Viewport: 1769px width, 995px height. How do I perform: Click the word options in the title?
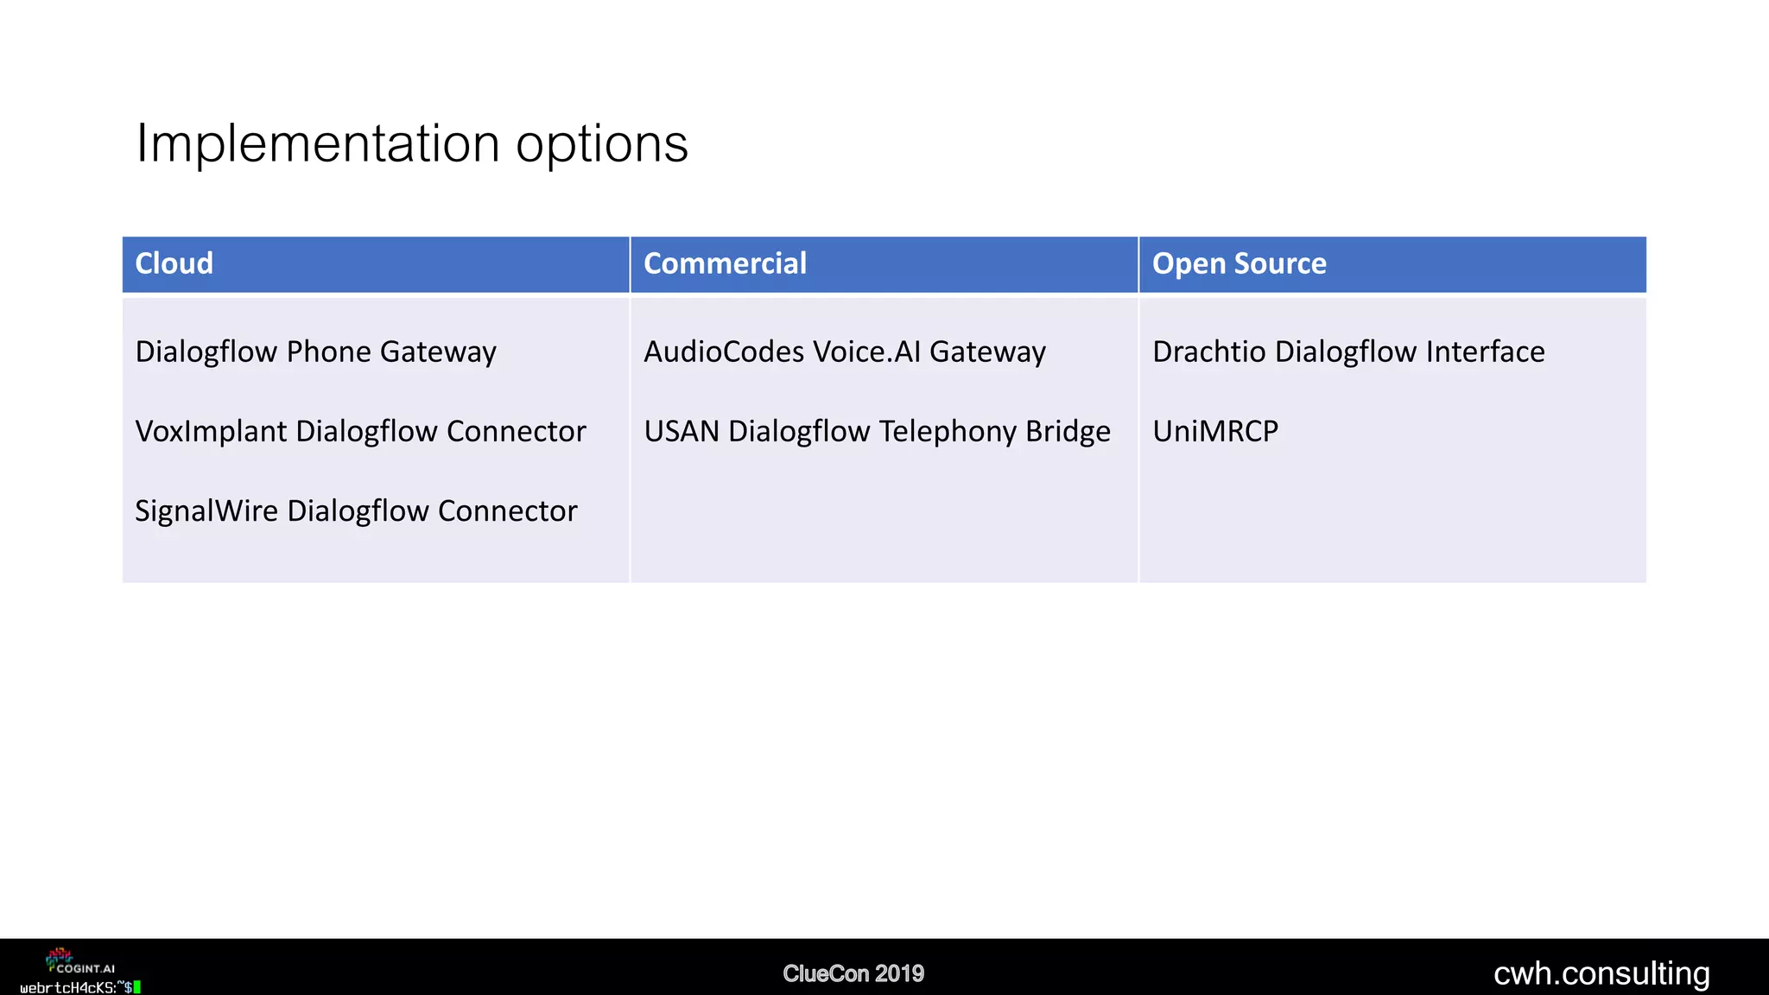(x=602, y=145)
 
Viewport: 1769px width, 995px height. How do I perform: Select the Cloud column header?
(x=174, y=263)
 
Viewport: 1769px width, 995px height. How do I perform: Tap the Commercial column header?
(x=725, y=263)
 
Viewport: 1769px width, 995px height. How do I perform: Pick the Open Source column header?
(x=1239, y=263)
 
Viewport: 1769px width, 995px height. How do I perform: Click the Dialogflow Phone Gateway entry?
(x=316, y=352)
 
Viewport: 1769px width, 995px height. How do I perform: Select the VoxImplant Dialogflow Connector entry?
(x=360, y=431)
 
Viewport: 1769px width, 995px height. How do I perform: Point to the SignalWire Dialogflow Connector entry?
(x=356, y=510)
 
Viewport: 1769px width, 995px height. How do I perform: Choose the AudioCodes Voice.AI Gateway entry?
(x=845, y=352)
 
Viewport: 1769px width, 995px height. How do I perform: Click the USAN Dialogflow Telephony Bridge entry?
(x=877, y=431)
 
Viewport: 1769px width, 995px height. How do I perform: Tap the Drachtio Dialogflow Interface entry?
(x=1348, y=352)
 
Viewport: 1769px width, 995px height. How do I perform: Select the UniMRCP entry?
(x=1215, y=431)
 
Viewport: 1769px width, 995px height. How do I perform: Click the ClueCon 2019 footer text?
(x=853, y=973)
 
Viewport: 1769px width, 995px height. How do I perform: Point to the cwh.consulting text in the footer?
(x=1601, y=973)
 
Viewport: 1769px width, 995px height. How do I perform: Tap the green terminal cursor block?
(x=137, y=987)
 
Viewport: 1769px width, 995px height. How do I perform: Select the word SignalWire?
(x=206, y=510)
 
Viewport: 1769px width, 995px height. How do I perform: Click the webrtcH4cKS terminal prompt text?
(x=69, y=987)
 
